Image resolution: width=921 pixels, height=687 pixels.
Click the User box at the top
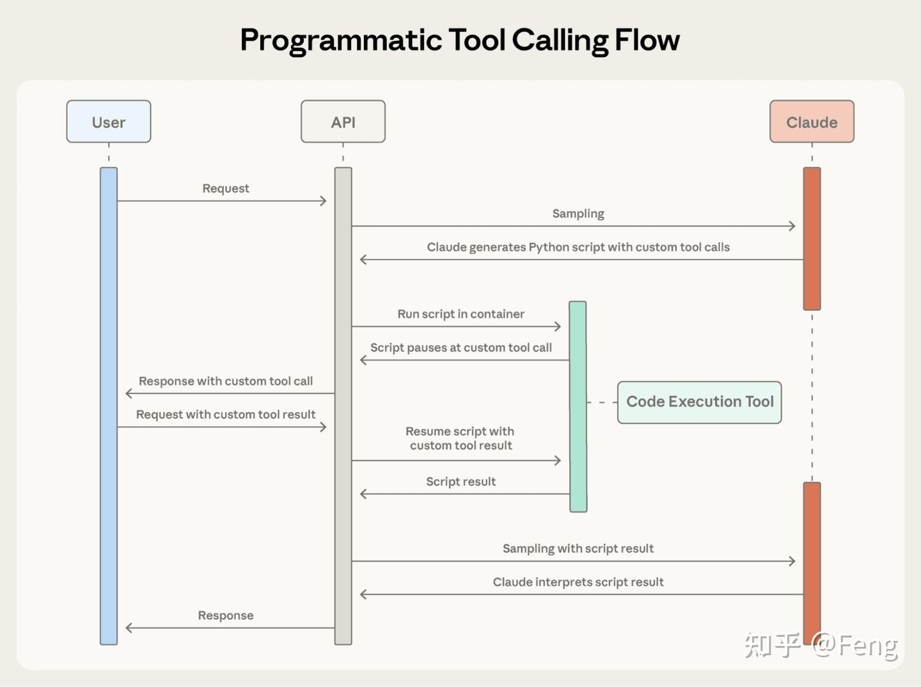click(109, 122)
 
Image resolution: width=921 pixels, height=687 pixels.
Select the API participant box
click(343, 122)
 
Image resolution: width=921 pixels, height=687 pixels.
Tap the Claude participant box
click(812, 122)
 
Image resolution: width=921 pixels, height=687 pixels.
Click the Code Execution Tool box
click(699, 402)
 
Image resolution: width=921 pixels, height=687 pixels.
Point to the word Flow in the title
click(647, 40)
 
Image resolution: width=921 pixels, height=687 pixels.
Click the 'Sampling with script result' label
click(578, 548)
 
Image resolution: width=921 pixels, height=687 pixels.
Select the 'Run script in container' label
click(460, 314)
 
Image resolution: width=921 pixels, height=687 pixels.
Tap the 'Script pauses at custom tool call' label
click(460, 347)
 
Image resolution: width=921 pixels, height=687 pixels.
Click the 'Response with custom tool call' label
click(225, 381)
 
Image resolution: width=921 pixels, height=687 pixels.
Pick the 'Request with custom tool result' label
click(225, 415)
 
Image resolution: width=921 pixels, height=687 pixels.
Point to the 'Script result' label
click(460, 482)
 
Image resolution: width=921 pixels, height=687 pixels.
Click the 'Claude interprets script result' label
click(578, 582)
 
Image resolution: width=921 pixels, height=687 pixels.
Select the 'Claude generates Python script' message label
click(578, 247)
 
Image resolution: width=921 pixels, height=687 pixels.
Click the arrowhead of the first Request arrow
click(323, 201)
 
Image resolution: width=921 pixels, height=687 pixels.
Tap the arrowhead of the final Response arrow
click(129, 628)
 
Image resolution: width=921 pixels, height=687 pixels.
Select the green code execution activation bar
click(578, 406)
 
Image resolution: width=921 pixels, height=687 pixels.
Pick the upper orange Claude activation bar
click(812, 238)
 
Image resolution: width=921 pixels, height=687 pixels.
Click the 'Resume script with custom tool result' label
click(460, 439)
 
